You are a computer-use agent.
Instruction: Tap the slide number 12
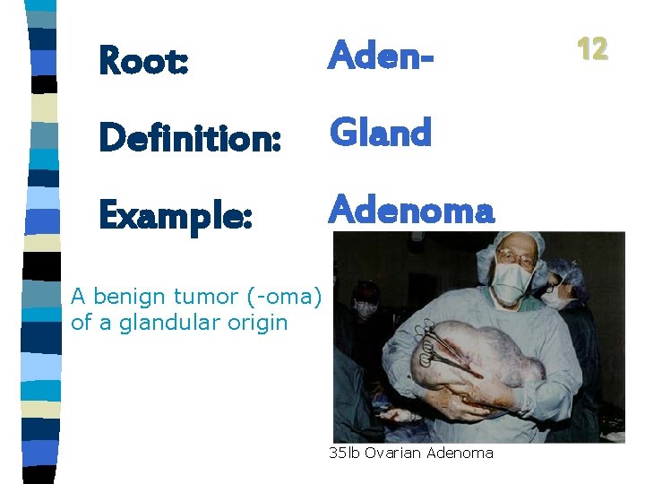point(592,48)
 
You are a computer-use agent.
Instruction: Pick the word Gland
point(381,133)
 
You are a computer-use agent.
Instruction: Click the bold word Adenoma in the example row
point(411,211)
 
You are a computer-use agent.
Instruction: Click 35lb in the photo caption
point(343,454)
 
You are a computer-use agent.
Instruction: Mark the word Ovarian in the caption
point(391,454)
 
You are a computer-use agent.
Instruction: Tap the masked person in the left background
point(365,305)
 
